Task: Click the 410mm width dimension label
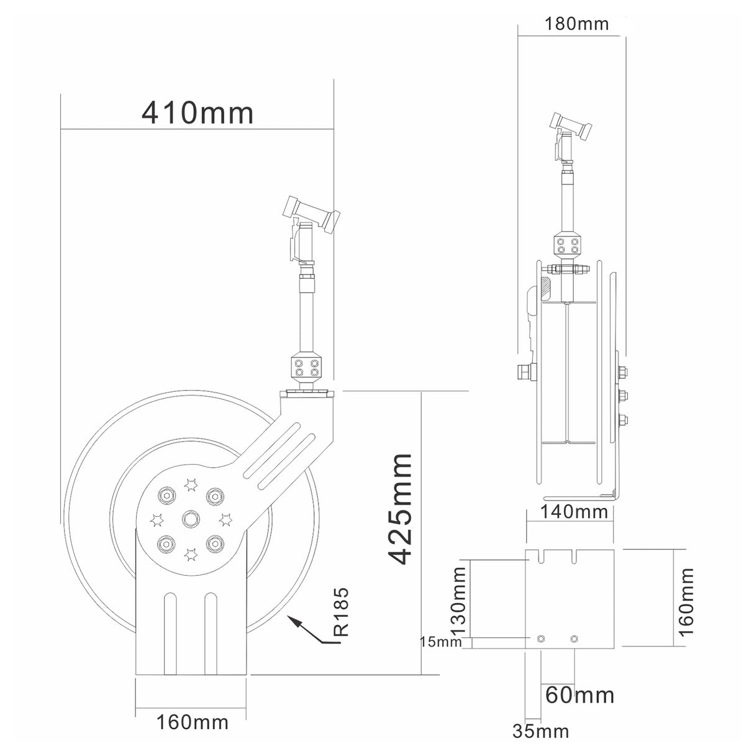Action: coord(198,113)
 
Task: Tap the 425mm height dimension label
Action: coord(399,509)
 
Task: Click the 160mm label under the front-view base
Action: coord(191,722)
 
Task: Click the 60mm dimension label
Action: coord(579,694)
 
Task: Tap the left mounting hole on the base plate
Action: coord(542,638)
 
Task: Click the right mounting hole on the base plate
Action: coord(573,638)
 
